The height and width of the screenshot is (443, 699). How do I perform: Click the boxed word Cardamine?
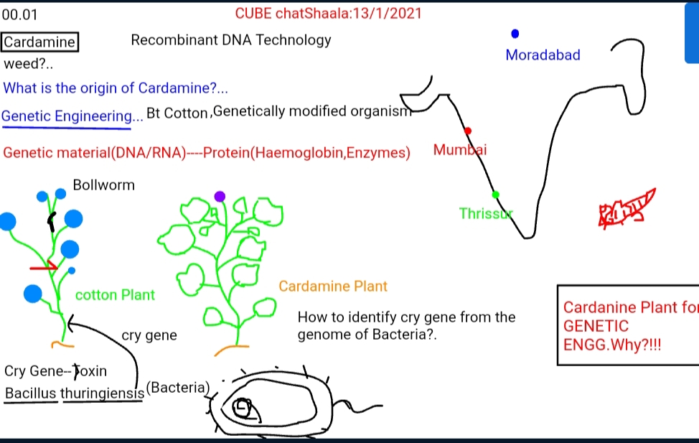pyautogui.click(x=39, y=42)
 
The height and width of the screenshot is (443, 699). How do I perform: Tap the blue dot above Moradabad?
pyautogui.click(x=515, y=34)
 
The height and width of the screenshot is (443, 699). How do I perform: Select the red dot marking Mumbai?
pyautogui.click(x=468, y=131)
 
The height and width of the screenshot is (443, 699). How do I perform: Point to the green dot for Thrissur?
pyautogui.click(x=495, y=195)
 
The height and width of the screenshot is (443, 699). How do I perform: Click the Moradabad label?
pyautogui.click(x=543, y=55)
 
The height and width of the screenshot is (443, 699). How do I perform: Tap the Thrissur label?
pyautogui.click(x=486, y=214)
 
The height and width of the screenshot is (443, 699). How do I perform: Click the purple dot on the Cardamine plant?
pyautogui.click(x=220, y=196)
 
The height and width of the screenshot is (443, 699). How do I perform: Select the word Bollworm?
pyautogui.click(x=103, y=185)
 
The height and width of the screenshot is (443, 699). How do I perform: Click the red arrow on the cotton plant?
pyautogui.click(x=44, y=267)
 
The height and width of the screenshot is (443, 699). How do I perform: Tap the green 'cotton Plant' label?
pyautogui.click(x=115, y=295)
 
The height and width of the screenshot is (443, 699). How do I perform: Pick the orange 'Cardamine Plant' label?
pyautogui.click(x=333, y=286)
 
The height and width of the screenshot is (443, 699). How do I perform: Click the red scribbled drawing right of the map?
pyautogui.click(x=626, y=208)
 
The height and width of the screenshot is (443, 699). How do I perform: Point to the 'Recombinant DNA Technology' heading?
pyautogui.click(x=231, y=40)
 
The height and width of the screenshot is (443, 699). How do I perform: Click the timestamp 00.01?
pyautogui.click(x=19, y=15)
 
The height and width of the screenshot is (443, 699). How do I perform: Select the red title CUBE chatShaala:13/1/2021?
pyautogui.click(x=328, y=14)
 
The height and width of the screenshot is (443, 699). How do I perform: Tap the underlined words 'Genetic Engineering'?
pyautogui.click(x=67, y=116)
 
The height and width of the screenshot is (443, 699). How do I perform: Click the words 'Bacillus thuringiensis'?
pyautogui.click(x=75, y=393)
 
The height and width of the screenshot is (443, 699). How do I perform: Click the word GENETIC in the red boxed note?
pyautogui.click(x=596, y=326)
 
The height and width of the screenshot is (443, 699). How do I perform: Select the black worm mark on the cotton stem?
pyautogui.click(x=52, y=222)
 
